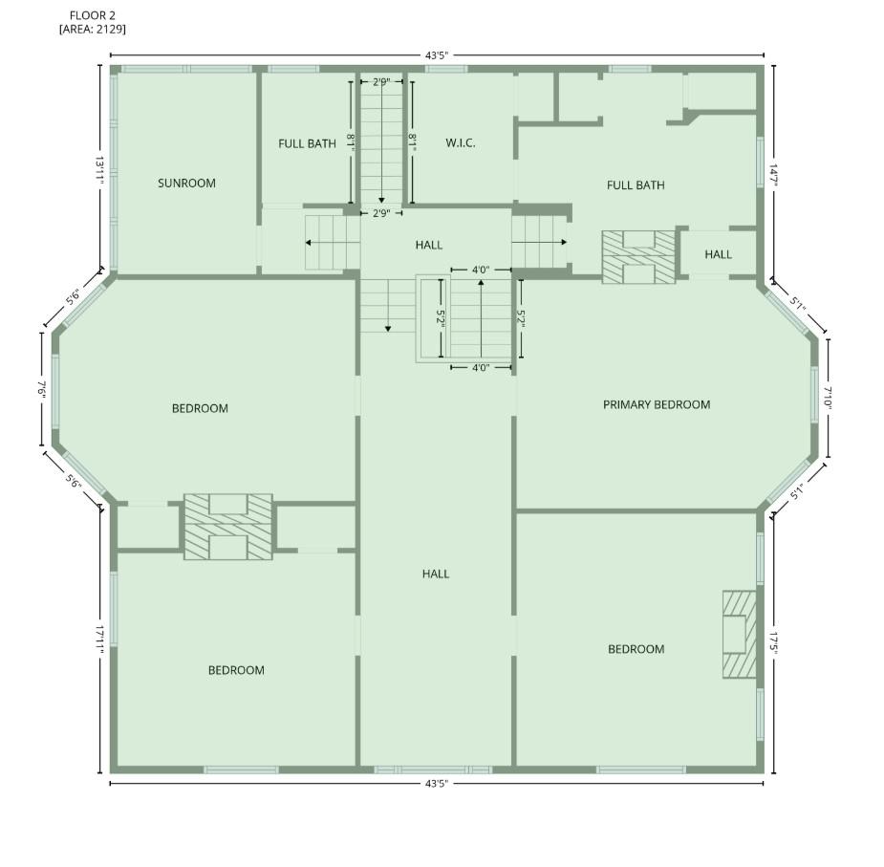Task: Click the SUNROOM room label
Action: click(x=186, y=184)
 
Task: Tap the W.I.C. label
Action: click(x=460, y=143)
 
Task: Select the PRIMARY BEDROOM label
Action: click(x=657, y=404)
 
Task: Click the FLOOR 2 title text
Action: click(x=93, y=16)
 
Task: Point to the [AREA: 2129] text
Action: click(x=93, y=29)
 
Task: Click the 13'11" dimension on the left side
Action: click(x=99, y=170)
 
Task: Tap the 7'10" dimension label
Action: click(x=828, y=399)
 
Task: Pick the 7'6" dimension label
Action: click(x=42, y=390)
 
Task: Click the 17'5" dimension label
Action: click(x=773, y=643)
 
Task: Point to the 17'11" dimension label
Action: click(x=99, y=639)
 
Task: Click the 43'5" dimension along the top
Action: click(x=437, y=55)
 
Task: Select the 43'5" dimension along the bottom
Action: click(x=437, y=784)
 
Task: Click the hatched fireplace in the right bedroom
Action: click(x=739, y=634)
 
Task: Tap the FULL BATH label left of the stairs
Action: click(x=308, y=143)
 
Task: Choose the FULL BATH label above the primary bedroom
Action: click(x=636, y=185)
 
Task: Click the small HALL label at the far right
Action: click(x=719, y=254)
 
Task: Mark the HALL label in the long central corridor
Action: click(x=436, y=574)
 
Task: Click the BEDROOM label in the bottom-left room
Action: click(x=236, y=670)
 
